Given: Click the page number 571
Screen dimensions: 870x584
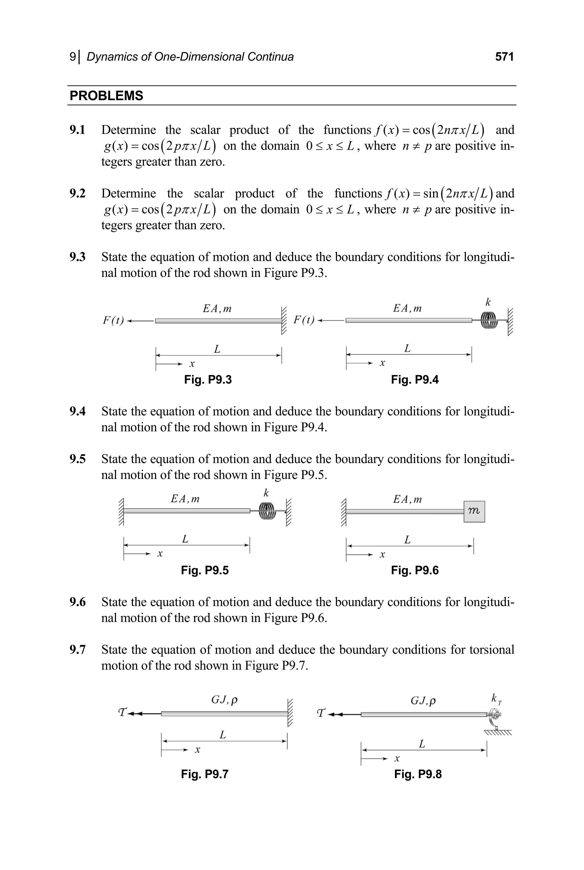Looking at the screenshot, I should pos(504,57).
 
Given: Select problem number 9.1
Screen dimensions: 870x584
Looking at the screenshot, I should pos(78,130).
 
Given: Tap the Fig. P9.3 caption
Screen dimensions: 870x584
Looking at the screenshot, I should pos(208,380).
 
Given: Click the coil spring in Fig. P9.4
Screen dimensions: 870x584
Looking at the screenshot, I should pos(489,320).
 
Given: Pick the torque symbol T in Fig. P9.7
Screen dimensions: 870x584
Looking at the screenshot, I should pos(122,713).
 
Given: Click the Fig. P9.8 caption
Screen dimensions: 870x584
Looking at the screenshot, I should pos(418,774).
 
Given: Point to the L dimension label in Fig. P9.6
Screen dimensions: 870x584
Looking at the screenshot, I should pos(407,540).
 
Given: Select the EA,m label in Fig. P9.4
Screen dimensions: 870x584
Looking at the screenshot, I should pos(407,308).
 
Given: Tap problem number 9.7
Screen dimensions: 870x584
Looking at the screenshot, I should pos(78,650).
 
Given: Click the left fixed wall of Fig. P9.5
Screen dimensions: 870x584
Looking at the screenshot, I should pos(121,512).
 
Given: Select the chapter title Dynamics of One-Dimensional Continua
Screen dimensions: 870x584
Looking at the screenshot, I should pos(190,57).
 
